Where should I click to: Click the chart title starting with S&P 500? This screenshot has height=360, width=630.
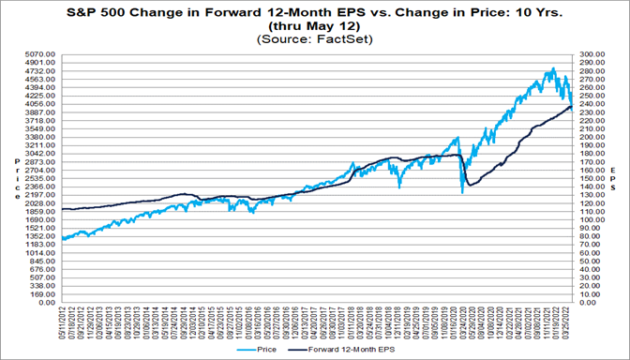(x=315, y=12)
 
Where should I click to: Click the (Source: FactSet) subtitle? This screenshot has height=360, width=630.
(x=315, y=40)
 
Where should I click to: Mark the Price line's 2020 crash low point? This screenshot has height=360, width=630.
(x=462, y=193)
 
